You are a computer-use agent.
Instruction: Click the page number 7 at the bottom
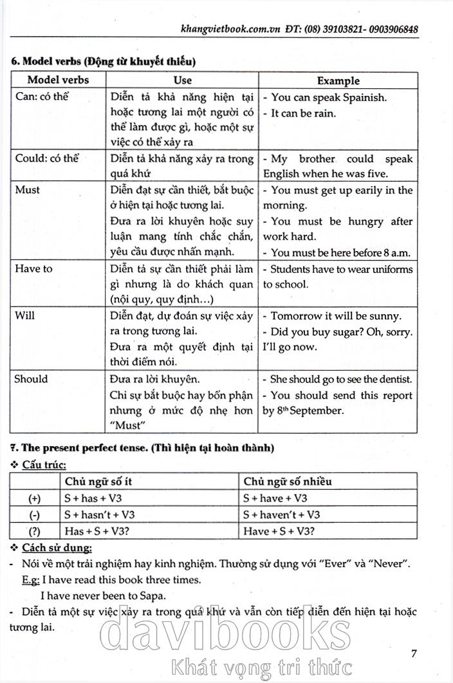(415, 653)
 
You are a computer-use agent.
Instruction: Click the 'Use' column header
(183, 80)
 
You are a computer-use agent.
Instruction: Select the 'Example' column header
(338, 80)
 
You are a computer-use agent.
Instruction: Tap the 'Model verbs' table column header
(58, 80)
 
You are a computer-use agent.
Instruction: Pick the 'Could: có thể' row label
(46, 158)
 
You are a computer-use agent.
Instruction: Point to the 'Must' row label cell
(27, 190)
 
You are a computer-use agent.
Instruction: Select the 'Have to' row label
(33, 268)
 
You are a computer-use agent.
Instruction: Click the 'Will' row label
(24, 316)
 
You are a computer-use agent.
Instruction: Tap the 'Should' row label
(31, 379)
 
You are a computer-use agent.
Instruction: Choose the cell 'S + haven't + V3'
(281, 514)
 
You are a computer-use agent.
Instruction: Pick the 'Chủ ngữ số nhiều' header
(288, 482)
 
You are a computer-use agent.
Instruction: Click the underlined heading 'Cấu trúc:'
(44, 465)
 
